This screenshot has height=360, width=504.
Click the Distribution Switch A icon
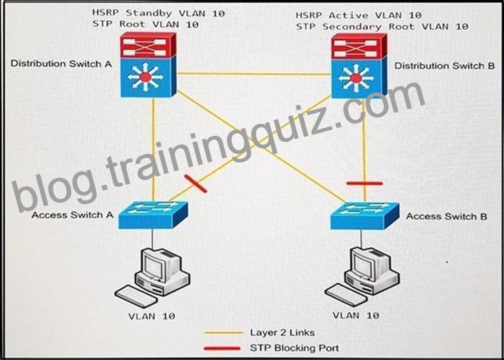149,65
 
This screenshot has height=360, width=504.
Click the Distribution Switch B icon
359,66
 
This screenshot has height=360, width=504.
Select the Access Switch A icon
153,215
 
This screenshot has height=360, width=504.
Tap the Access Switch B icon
365,216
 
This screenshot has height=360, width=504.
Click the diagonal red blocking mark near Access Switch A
196,183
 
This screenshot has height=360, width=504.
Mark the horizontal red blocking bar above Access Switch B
364,183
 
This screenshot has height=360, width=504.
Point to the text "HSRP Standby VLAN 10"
159,13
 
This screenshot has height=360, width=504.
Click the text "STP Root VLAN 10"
145,24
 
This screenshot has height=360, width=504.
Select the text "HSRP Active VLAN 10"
358,15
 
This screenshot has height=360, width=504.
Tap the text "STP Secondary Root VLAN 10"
382,26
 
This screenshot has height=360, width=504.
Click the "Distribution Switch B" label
445,66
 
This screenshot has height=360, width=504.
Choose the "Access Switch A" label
73,215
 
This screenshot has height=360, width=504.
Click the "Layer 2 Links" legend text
282,332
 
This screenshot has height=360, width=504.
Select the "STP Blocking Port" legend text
294,348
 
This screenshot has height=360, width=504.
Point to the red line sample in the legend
222,348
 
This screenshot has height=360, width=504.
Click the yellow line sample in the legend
224,333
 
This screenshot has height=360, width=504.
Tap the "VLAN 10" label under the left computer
152,316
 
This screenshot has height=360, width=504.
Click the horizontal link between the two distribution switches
254,74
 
